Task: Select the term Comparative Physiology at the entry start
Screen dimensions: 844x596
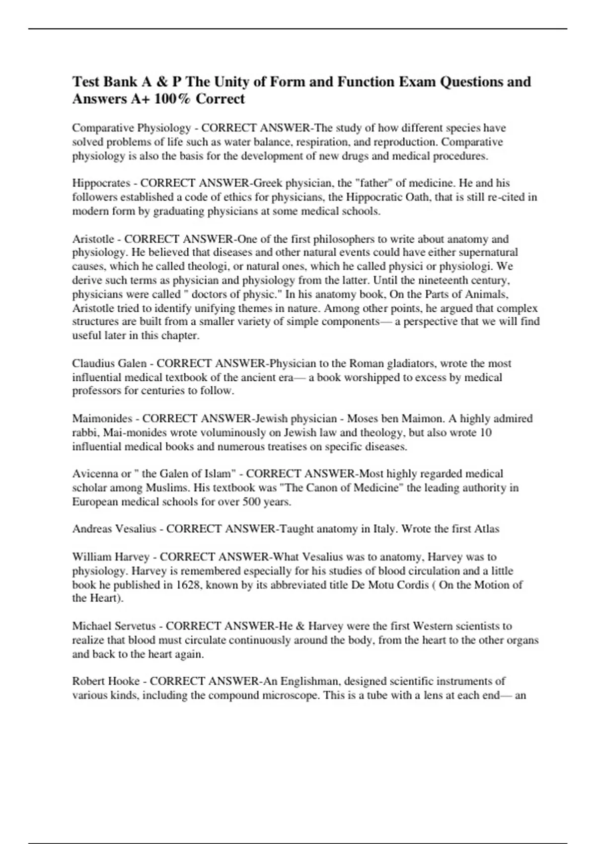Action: click(x=131, y=128)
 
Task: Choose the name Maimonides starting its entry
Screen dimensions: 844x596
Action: click(x=102, y=419)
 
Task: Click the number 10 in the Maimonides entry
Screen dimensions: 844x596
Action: click(x=485, y=432)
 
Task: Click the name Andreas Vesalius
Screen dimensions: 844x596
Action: click(x=114, y=529)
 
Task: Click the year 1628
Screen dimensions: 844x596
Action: click(x=188, y=585)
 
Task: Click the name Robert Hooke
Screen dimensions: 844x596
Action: click(x=106, y=682)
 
